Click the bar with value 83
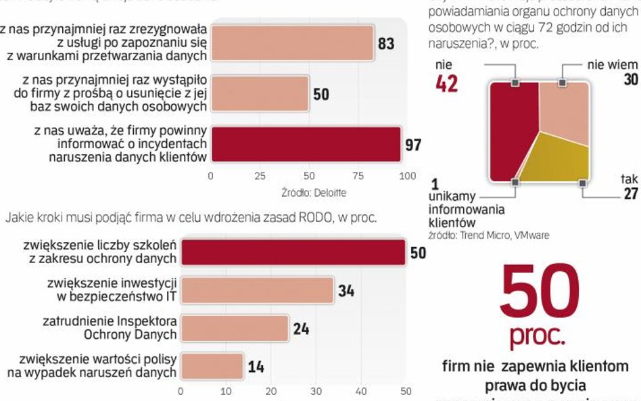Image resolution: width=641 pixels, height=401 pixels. [x=292, y=43]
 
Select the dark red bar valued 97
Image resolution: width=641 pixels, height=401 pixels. [x=306, y=143]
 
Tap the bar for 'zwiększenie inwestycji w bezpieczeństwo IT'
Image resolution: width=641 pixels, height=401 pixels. [x=258, y=289]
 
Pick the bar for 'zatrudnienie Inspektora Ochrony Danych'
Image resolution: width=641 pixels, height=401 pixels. [x=235, y=328]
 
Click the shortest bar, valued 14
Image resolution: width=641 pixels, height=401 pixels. [x=212, y=366]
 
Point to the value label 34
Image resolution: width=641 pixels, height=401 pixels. [x=346, y=291]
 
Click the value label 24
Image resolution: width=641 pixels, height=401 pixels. [x=301, y=329]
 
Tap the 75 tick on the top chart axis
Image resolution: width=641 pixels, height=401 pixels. [x=358, y=176]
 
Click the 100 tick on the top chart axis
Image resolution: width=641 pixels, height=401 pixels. [x=407, y=176]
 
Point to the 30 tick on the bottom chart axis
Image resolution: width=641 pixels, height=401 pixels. [x=315, y=391]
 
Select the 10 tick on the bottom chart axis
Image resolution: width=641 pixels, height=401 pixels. [x=225, y=391]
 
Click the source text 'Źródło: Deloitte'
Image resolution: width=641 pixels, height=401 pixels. [x=314, y=193]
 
